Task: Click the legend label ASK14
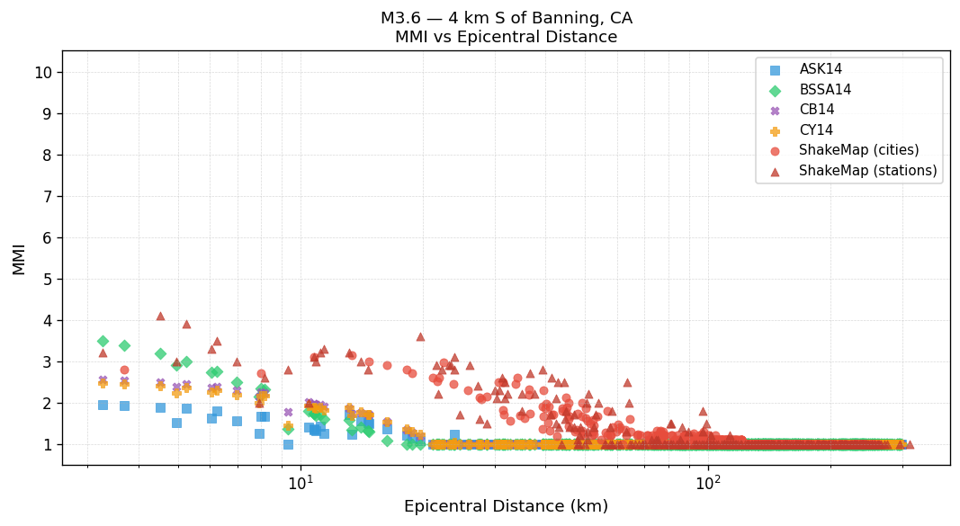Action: coord(821,69)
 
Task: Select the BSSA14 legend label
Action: coord(825,90)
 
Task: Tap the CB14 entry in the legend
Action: coord(816,110)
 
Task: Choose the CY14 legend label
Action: coord(816,130)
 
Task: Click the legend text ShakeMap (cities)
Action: coord(858,150)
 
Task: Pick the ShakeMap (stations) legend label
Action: coord(867,171)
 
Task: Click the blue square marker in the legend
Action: coord(776,69)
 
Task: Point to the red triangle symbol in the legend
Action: coord(776,171)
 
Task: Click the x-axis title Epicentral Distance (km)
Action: coord(506,507)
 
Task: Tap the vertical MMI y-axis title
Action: coord(19,258)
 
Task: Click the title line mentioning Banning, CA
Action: coord(506,18)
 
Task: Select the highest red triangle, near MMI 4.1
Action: coord(160,316)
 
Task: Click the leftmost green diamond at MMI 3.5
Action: coord(103,341)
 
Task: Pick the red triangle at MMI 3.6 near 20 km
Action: coord(420,336)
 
